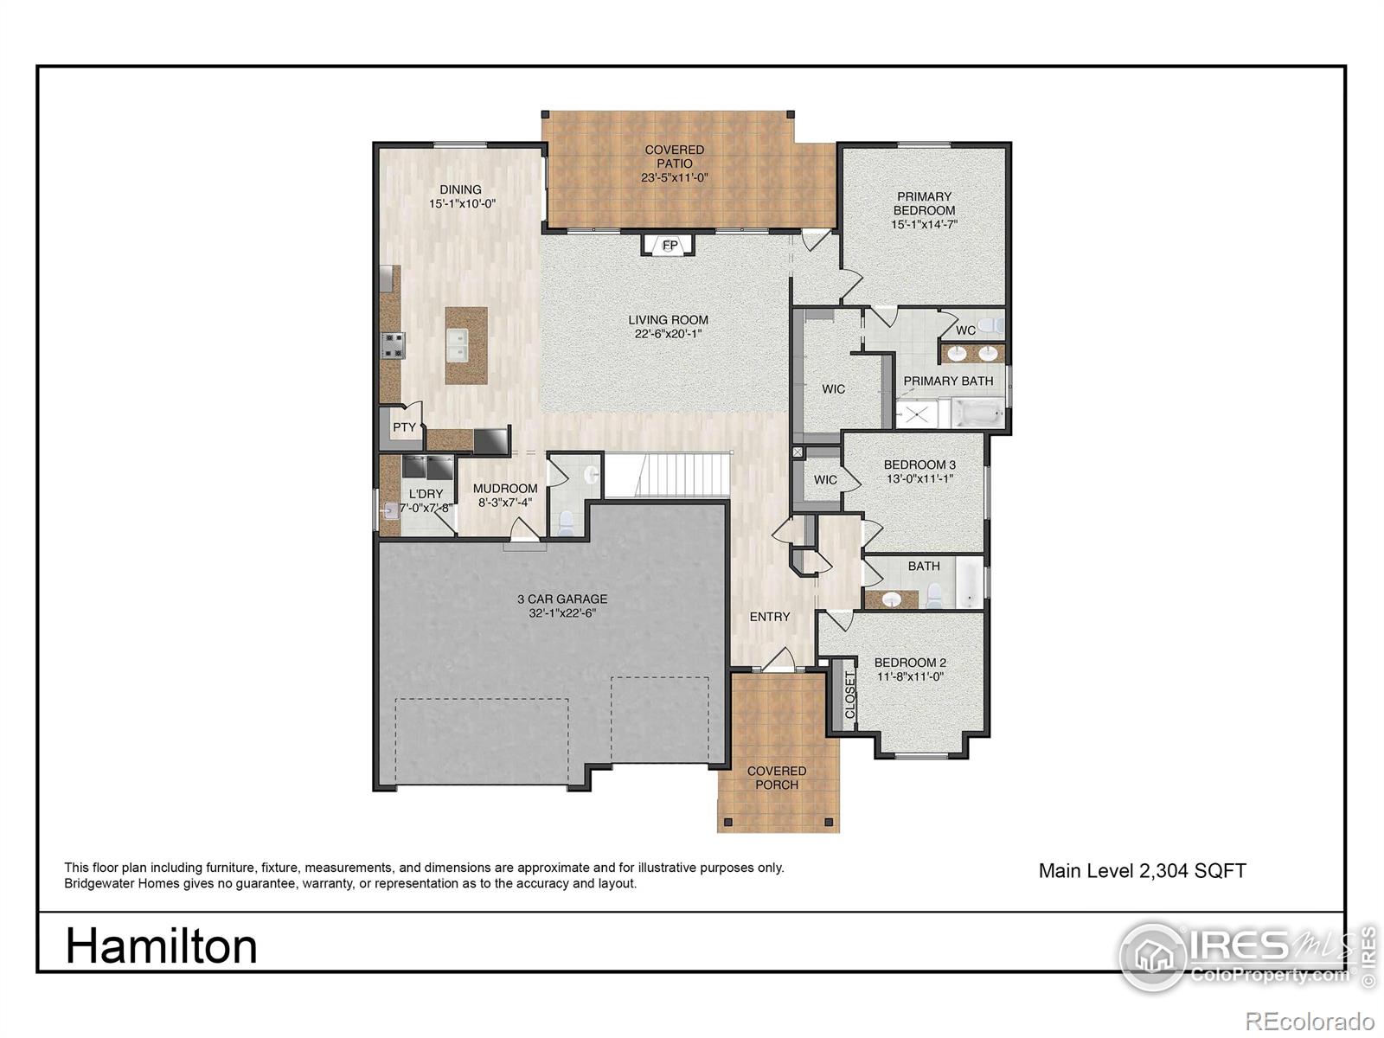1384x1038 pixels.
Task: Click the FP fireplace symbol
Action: tap(670, 245)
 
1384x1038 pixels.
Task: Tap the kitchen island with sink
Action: tap(466, 345)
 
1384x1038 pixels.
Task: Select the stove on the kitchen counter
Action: tap(392, 345)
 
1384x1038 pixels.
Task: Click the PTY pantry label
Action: tap(404, 427)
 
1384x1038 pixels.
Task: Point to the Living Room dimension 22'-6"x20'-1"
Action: tap(668, 334)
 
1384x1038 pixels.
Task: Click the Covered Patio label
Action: tap(675, 157)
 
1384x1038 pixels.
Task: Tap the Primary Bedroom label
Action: tap(924, 203)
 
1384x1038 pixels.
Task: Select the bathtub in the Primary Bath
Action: tap(978, 413)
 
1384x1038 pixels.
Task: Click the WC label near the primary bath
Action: tap(965, 330)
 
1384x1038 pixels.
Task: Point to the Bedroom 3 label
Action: tap(919, 465)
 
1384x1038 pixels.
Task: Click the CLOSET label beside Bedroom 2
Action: tap(849, 695)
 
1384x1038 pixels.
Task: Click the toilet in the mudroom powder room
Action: tap(566, 522)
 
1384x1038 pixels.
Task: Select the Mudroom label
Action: tap(505, 489)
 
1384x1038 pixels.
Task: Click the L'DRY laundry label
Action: tap(426, 494)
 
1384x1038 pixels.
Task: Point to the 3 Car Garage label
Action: tap(562, 599)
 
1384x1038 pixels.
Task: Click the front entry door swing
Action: tap(779, 660)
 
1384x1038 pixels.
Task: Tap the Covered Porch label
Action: tap(776, 778)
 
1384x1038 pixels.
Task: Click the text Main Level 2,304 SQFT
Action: tap(1142, 871)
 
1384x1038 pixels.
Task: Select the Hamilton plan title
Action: tap(162, 946)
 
